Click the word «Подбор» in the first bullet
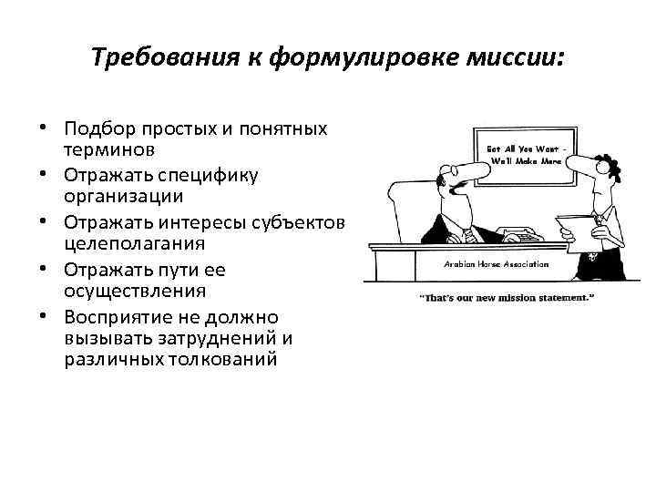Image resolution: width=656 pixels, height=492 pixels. (96, 128)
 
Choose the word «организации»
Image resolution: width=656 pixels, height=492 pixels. (122, 195)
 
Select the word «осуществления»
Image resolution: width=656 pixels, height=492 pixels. (128, 291)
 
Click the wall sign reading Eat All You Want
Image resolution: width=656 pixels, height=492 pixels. (527, 153)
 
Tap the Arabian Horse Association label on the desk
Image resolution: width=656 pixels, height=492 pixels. (496, 264)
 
